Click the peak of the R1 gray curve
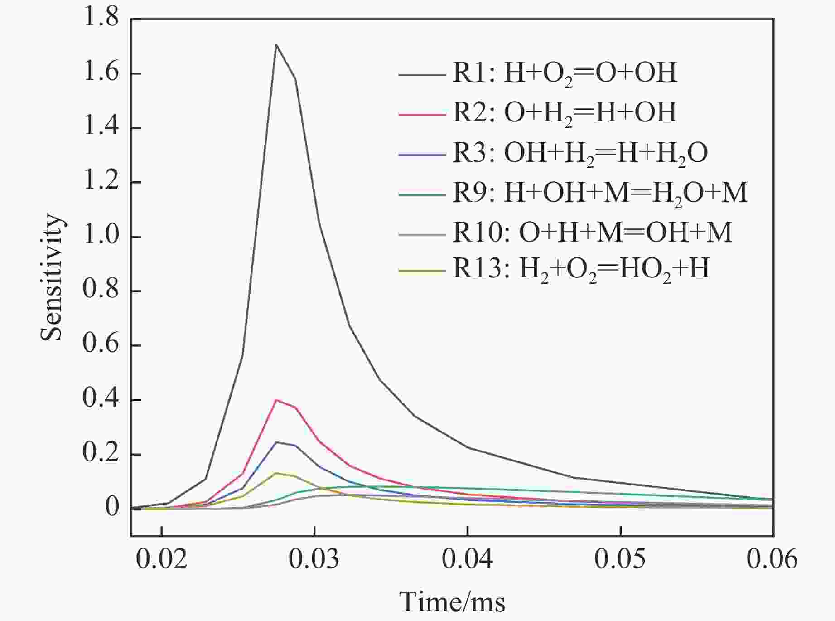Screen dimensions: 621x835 pos(276,44)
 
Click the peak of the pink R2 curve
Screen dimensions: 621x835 pos(276,400)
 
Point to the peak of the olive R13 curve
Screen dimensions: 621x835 pos(276,473)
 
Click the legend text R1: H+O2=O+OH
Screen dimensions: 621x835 pos(565,73)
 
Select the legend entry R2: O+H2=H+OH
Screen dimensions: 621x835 pos(565,112)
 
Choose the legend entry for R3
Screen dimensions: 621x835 pos(580,153)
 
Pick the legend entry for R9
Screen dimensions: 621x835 pos(600,193)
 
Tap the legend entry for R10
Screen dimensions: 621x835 pos(592,233)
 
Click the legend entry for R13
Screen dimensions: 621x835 pos(581,270)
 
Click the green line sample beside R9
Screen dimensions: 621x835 pos(421,194)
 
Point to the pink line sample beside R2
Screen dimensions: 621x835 pos(421,114)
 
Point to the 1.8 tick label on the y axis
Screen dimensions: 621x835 pos(101,19)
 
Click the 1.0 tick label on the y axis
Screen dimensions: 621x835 pos(101,237)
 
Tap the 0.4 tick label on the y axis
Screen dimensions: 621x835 pos(101,400)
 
